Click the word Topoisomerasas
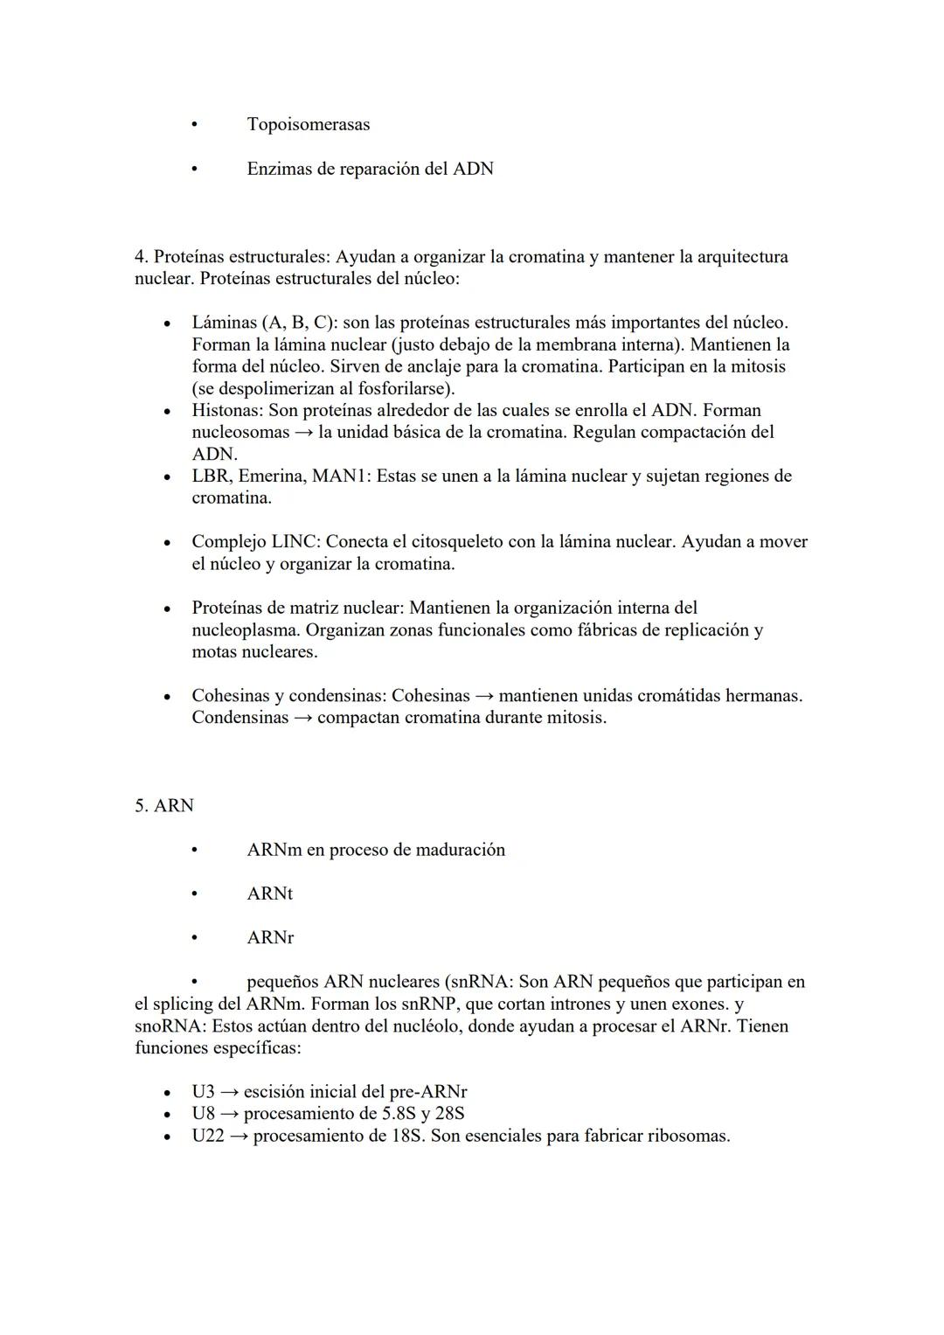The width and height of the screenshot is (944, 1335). coord(308,124)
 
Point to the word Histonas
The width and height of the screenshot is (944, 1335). coord(226,410)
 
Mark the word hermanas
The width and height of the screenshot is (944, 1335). coord(763,696)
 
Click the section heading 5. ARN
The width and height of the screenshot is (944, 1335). coord(164,805)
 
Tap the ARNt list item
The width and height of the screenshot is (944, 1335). coord(269,893)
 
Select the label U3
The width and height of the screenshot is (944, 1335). coord(203,1092)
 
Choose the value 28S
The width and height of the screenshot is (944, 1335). coord(446,1114)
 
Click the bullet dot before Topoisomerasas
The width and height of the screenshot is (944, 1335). coord(195,125)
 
